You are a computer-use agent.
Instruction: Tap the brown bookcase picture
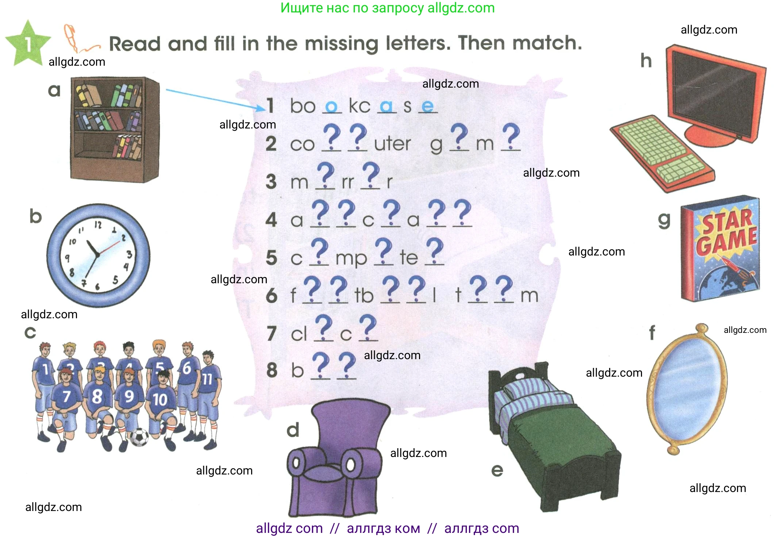click(x=115, y=129)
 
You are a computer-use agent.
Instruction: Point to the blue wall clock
click(x=98, y=255)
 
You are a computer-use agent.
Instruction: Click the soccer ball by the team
click(x=139, y=437)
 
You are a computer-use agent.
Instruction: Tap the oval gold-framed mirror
click(x=687, y=389)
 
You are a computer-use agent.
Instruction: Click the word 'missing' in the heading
click(x=341, y=44)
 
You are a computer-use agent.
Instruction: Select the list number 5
click(x=272, y=257)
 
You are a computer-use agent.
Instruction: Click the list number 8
click(x=272, y=370)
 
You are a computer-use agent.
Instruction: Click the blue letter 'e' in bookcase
click(x=427, y=106)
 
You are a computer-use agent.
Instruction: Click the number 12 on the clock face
click(x=98, y=224)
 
